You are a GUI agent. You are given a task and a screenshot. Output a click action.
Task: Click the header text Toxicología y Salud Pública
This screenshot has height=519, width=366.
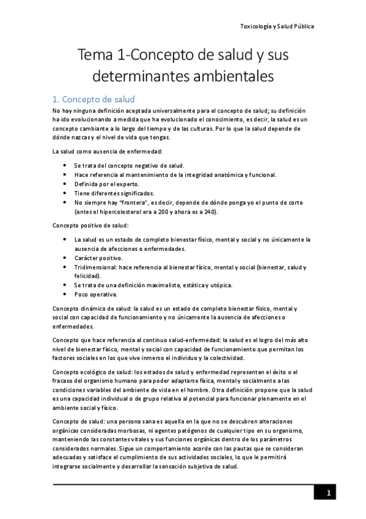click(277, 26)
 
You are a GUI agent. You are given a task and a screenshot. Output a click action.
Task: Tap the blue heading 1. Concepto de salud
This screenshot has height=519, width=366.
click(93, 99)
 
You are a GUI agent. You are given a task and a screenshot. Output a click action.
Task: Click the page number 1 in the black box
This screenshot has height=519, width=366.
click(328, 493)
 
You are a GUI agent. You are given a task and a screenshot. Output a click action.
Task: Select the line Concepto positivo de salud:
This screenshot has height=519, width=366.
click(90, 226)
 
